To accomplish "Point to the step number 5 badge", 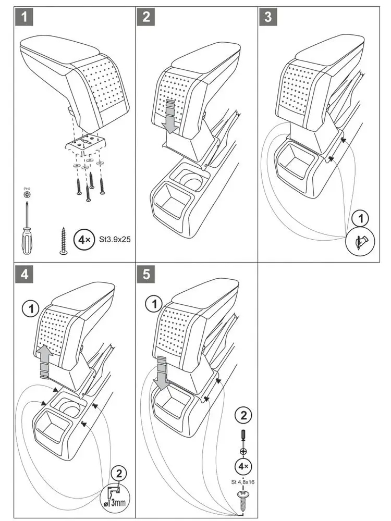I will tap(146, 274).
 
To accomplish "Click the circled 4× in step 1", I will tap(83, 240).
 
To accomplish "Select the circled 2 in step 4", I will tap(119, 474).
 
